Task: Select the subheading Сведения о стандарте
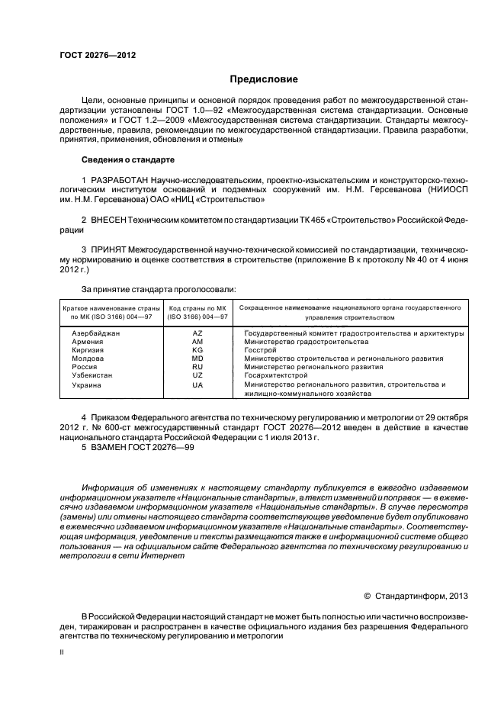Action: [128, 160]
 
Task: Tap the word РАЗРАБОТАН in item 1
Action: [119, 178]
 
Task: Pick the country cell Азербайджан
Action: [96, 333]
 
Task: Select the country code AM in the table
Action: [197, 342]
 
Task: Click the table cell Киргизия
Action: [88, 350]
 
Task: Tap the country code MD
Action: [197, 359]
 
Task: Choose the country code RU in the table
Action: [197, 367]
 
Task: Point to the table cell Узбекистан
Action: [92, 376]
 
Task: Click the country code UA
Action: [197, 385]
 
